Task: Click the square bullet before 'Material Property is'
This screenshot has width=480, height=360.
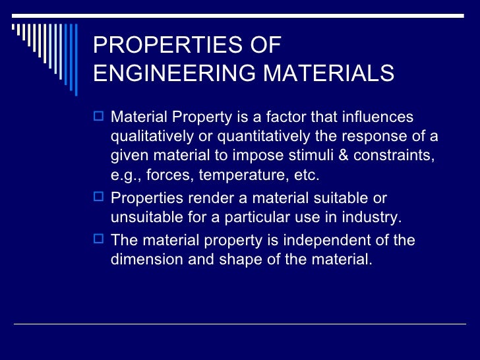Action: [100, 117]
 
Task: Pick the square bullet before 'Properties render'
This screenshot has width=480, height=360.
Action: [100, 198]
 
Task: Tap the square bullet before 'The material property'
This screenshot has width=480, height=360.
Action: [100, 239]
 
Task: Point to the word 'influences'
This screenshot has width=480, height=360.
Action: [378, 117]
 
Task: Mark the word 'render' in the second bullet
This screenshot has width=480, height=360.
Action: [200, 198]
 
